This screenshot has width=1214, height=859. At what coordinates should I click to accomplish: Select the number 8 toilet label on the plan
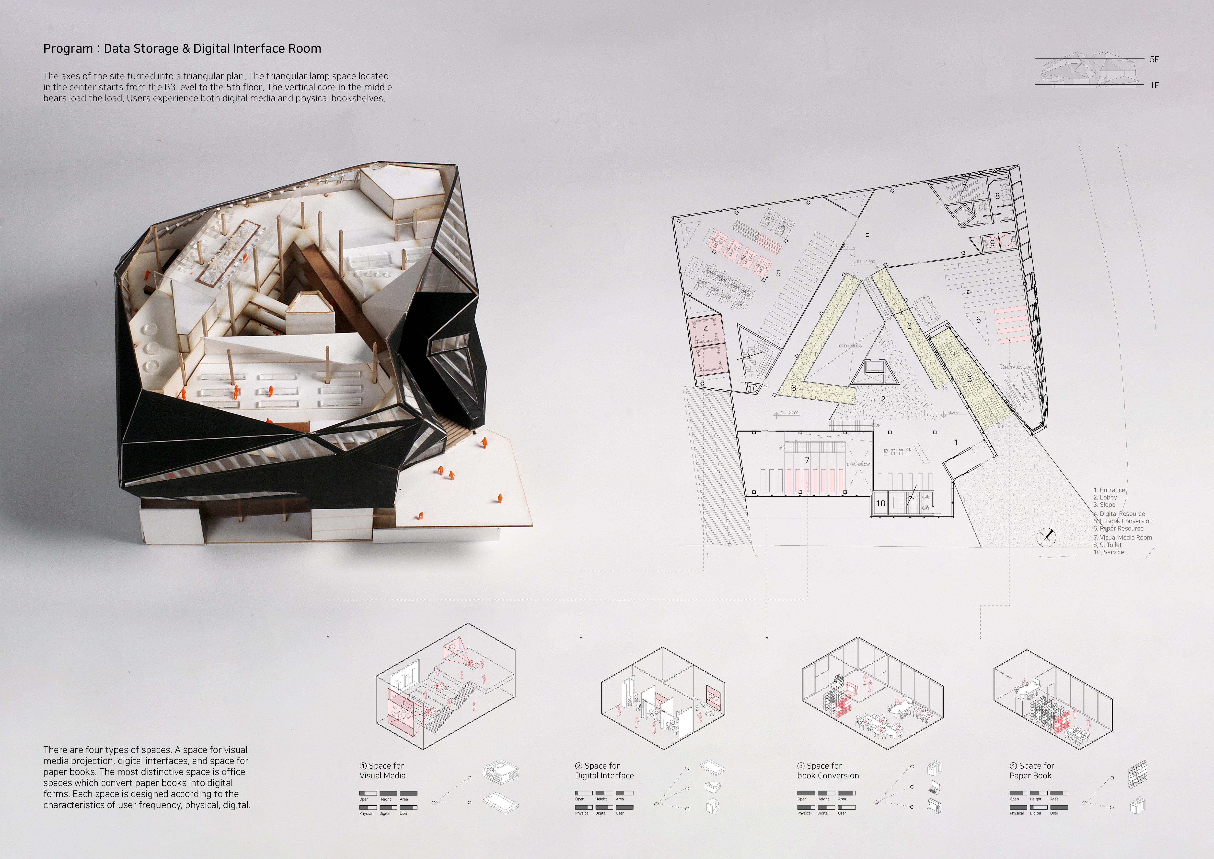click(997, 196)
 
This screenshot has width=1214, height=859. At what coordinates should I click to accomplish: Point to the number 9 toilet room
click(993, 243)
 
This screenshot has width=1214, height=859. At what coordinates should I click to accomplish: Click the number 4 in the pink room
click(705, 329)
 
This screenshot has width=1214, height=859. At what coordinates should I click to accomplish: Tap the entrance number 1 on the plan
click(955, 442)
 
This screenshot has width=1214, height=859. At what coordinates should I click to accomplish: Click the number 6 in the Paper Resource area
click(978, 320)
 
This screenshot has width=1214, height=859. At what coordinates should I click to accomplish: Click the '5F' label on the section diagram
click(1154, 59)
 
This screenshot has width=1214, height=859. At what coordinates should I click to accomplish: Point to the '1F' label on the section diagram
click(1154, 85)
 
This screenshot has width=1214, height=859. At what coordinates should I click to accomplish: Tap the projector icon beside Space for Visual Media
click(500, 771)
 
